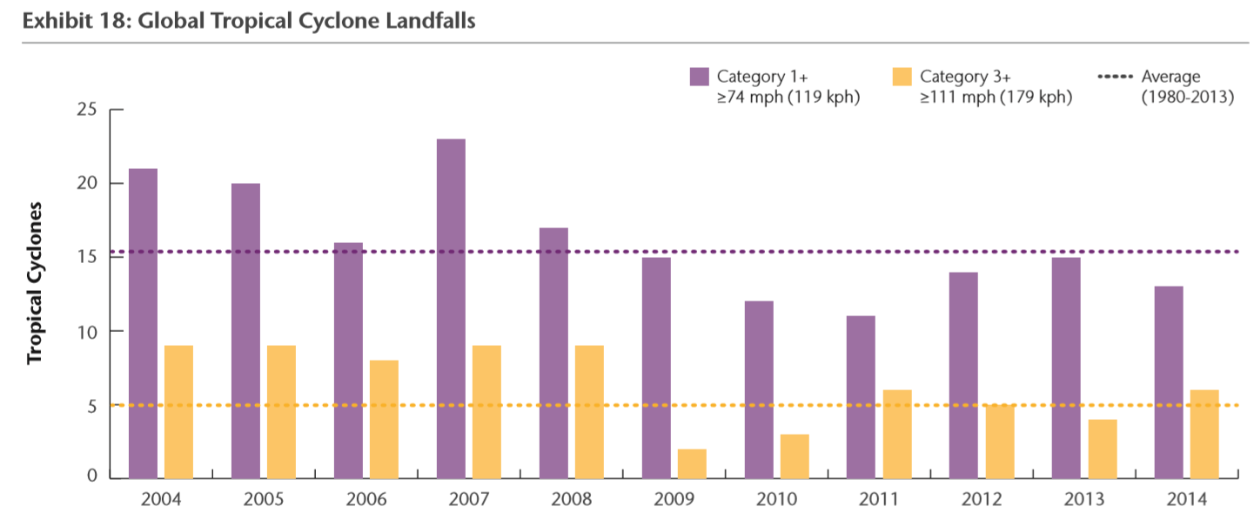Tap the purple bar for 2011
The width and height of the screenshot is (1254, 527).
861,397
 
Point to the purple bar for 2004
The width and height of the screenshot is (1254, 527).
143,323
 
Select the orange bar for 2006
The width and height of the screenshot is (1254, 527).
384,419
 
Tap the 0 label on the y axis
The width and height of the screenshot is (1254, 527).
92,476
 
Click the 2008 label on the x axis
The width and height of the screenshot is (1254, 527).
572,501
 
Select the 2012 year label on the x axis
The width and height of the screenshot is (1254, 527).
982,501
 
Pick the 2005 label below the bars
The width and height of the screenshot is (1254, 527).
264,501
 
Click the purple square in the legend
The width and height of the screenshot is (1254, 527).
699,77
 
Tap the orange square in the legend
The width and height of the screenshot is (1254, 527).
902,77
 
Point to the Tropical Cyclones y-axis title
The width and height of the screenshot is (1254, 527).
35,284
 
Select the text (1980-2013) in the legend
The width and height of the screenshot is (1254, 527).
1188,97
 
